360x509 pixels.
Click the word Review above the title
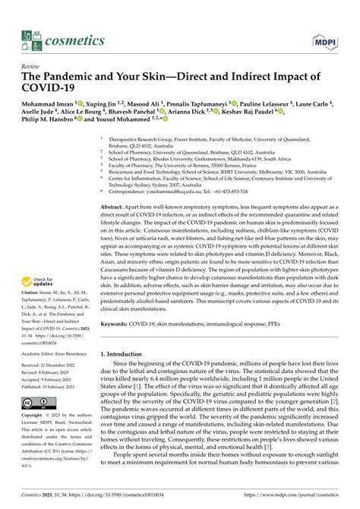(33, 66)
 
